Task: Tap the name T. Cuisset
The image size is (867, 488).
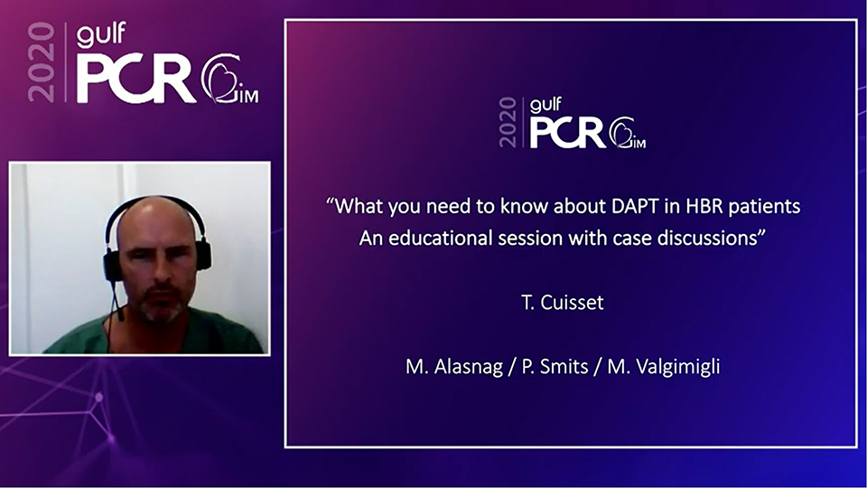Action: click(563, 303)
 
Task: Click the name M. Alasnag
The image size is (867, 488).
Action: click(454, 367)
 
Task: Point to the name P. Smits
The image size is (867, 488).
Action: click(555, 367)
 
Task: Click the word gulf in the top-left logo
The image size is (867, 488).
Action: click(101, 34)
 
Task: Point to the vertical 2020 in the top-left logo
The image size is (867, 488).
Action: click(42, 62)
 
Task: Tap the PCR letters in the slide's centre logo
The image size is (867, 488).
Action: click(568, 133)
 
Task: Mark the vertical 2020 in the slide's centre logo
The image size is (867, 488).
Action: click(508, 122)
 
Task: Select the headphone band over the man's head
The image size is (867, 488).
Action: click(154, 204)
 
